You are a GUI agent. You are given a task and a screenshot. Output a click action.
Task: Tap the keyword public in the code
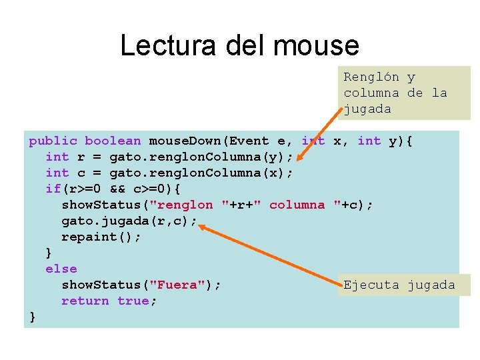coord(53,141)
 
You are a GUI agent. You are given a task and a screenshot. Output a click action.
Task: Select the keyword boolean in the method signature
coord(113,141)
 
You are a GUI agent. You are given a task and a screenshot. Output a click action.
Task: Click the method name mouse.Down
coord(185,141)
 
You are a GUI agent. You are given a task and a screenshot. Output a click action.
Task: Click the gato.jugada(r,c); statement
coord(129,221)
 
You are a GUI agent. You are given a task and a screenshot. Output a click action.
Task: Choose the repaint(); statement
coord(101,237)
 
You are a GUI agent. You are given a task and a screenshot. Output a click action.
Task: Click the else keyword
coord(61,269)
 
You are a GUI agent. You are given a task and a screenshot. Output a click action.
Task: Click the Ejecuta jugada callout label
coord(399,285)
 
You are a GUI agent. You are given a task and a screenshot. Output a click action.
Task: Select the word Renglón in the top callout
coord(371,77)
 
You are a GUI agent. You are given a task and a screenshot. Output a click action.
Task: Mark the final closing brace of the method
coord(32,317)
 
